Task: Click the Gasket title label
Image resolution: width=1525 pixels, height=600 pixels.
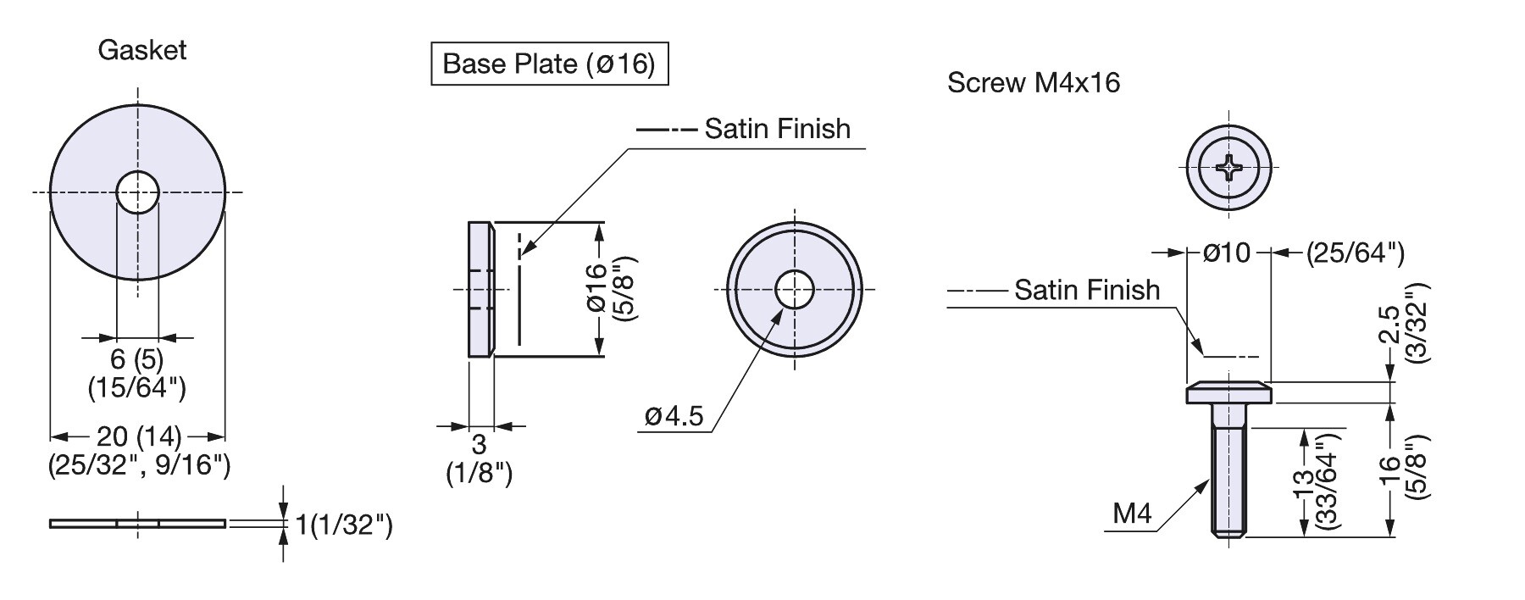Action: [141, 51]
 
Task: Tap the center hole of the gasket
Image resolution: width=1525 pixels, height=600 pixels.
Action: [138, 192]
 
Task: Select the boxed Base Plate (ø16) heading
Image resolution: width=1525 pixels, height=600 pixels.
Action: [549, 64]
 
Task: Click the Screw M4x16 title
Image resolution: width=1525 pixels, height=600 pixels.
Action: [1033, 83]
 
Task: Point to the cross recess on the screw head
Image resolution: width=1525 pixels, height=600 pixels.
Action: [1229, 170]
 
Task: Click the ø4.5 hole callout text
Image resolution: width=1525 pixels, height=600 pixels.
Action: [674, 417]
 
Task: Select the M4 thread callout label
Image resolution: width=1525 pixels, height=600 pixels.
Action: [1132, 514]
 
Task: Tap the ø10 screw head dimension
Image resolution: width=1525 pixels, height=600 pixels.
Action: [1227, 253]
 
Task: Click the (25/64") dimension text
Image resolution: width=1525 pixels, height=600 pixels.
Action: [1355, 253]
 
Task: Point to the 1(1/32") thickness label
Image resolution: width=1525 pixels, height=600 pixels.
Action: [343, 525]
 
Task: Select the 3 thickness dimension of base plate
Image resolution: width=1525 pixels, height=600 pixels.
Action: [479, 444]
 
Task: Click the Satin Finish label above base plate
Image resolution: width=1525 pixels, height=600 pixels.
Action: [777, 129]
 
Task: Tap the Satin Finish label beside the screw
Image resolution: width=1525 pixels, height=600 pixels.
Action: [1087, 290]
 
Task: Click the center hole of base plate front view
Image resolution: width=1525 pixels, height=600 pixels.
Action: [794, 289]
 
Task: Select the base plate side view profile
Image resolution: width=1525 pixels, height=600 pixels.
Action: [480, 289]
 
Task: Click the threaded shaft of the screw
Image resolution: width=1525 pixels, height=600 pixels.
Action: [1229, 483]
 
